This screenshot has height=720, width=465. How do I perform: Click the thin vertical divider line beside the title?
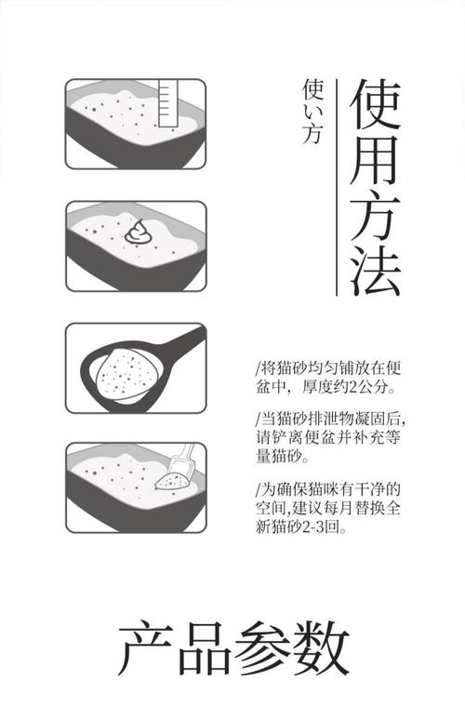(x=336, y=186)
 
